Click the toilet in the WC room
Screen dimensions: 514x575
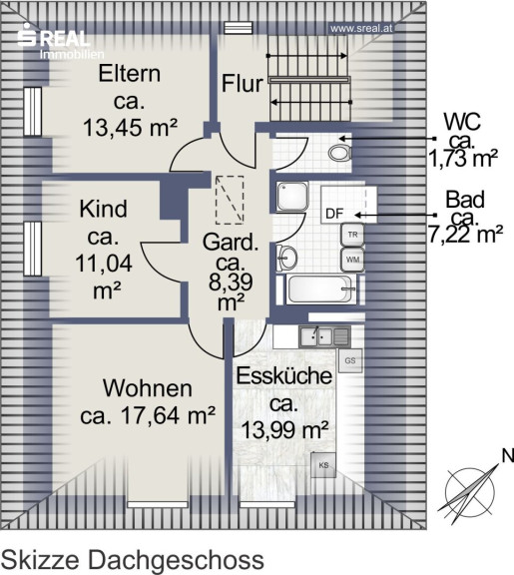coord(340,153)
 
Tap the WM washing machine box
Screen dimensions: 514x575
coord(352,260)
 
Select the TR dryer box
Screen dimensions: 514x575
coord(352,235)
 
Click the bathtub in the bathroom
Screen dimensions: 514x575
coord(319,289)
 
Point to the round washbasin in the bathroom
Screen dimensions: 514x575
coord(287,258)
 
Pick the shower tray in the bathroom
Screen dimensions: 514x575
coord(292,196)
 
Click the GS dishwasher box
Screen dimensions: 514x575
coord(350,360)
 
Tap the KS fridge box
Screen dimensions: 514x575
coord(323,465)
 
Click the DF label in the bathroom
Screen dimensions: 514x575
coord(334,214)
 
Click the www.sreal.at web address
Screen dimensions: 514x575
coord(361,29)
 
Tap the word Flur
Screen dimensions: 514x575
coord(243,83)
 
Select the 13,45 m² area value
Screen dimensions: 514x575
coord(131,128)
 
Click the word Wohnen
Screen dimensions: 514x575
coord(148,388)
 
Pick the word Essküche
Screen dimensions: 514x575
coord(284,376)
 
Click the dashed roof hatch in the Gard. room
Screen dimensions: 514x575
coord(230,201)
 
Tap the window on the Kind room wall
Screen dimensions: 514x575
coord(33,249)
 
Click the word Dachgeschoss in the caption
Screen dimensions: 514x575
coord(176,559)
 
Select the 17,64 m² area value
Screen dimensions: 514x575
coord(168,415)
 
